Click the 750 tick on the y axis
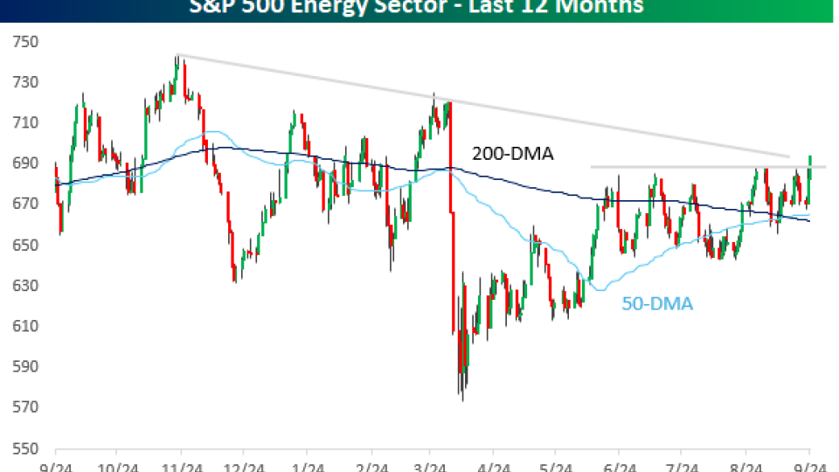[x=25, y=42]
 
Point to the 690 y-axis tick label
[x=25, y=163]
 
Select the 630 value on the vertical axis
[x=25, y=286]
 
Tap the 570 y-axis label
[x=25, y=407]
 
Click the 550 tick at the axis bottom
[x=25, y=448]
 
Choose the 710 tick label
[x=25, y=123]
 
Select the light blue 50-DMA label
[x=657, y=304]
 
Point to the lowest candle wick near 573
[x=462, y=398]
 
